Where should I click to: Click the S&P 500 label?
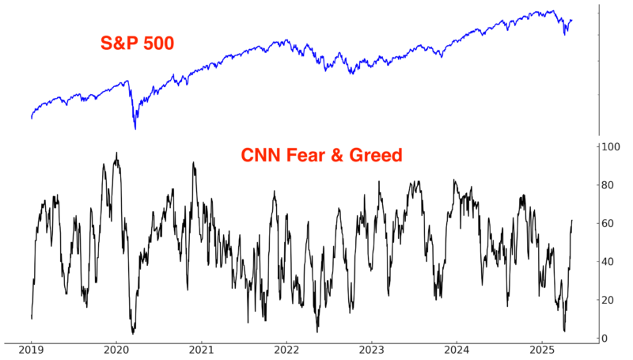(137, 43)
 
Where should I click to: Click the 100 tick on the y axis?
(610, 147)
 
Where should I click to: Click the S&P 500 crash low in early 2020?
(135, 128)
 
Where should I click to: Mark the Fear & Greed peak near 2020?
(116, 153)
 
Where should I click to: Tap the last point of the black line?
(572, 221)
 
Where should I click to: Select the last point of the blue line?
(572, 21)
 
